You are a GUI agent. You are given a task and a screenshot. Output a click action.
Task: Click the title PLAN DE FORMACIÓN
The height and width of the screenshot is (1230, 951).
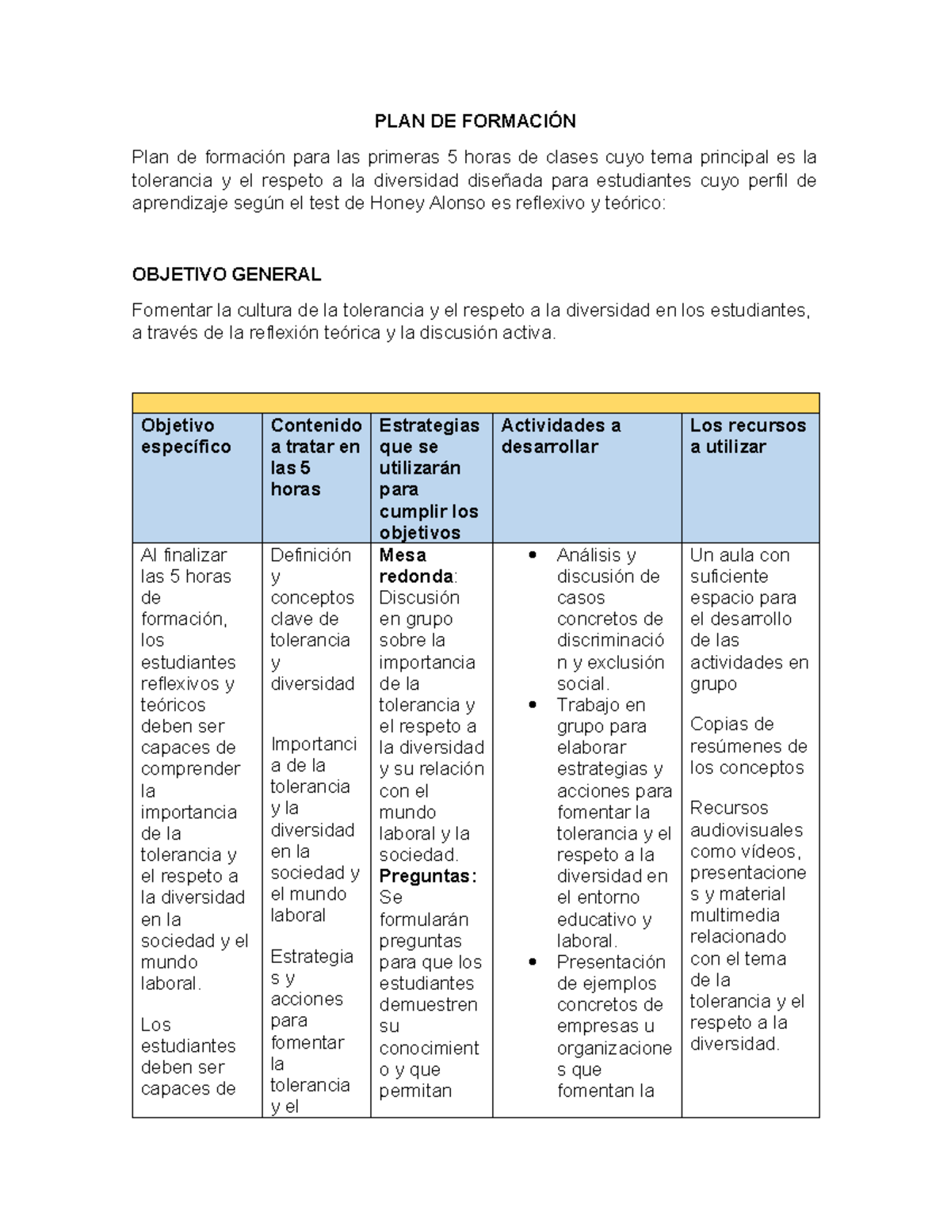click(x=475, y=121)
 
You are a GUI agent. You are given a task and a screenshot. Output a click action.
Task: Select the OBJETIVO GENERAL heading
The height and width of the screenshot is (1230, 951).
click(x=226, y=275)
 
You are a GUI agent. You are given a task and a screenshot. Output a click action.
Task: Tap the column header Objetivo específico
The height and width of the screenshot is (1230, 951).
click(x=186, y=436)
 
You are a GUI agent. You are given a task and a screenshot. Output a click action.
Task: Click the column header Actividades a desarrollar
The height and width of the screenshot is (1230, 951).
click(x=560, y=436)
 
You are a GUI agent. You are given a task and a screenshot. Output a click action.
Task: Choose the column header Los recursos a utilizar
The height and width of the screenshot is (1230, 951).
click(x=747, y=436)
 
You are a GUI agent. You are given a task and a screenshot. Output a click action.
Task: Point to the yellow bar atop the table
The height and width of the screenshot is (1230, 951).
click(x=475, y=403)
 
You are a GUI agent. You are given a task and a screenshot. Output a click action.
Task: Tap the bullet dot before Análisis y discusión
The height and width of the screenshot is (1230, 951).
click(x=533, y=555)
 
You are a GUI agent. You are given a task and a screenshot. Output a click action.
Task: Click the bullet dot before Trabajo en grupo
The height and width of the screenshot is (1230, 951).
click(x=533, y=705)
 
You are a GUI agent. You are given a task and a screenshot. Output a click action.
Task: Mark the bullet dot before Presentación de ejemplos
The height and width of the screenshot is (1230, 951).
click(x=533, y=962)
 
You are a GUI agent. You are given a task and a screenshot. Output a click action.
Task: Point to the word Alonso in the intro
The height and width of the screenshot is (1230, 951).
click(x=457, y=204)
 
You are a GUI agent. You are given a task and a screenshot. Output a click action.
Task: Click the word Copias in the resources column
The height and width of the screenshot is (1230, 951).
click(x=720, y=724)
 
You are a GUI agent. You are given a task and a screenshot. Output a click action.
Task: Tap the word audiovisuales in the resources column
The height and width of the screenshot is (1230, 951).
click(x=746, y=830)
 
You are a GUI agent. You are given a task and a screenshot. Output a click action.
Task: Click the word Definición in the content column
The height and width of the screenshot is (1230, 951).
click(x=311, y=555)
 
